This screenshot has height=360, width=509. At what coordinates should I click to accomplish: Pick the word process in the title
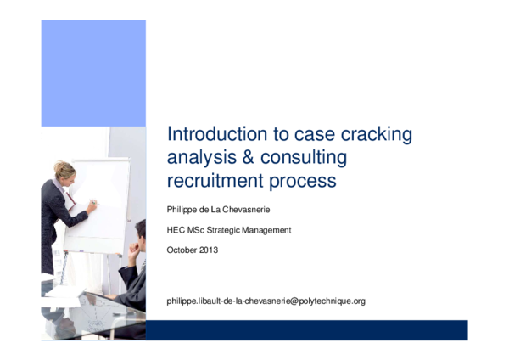tap(303, 182)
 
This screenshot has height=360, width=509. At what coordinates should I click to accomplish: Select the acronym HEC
tap(176, 230)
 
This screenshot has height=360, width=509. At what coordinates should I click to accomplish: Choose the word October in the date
tap(182, 250)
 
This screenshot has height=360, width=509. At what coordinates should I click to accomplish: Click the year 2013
tap(209, 250)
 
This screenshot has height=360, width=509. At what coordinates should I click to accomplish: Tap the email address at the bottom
tap(266, 301)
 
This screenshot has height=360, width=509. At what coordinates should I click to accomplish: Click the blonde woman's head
tap(64, 171)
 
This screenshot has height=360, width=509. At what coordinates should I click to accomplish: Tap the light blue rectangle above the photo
tap(93, 72)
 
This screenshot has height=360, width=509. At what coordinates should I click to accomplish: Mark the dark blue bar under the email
tap(306, 329)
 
